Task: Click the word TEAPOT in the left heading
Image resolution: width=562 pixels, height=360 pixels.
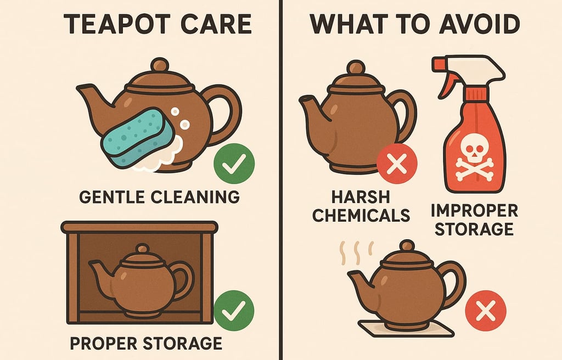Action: point(117,24)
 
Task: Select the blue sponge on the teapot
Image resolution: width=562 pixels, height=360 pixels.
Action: point(136,137)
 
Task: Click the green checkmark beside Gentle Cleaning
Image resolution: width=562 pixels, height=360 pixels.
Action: point(234,164)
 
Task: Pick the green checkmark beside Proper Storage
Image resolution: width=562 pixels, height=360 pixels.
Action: point(234,311)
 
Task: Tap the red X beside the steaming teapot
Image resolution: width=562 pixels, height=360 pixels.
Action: point(486,311)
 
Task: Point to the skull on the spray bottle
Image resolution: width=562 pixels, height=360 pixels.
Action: point(474,148)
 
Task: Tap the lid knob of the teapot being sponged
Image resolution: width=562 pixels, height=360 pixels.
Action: point(160,65)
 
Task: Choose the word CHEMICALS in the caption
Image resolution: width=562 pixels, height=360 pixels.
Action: point(361,216)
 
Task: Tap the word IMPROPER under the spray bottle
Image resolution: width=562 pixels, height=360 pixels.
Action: point(474,211)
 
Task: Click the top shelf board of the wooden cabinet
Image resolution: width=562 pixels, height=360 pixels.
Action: point(139,227)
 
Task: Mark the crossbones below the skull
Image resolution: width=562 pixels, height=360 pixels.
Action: point(474,170)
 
